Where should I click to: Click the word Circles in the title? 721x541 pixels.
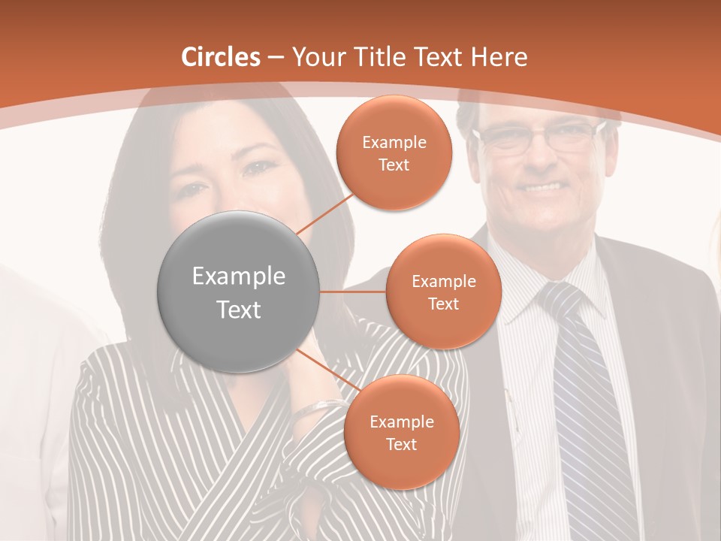[221, 57]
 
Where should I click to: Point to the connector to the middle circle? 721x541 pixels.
[353, 292]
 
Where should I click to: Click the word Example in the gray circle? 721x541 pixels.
[239, 277]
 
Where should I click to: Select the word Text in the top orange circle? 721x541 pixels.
[394, 165]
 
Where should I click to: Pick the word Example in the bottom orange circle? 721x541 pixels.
[401, 422]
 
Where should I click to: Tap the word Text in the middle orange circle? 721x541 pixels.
[443, 304]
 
